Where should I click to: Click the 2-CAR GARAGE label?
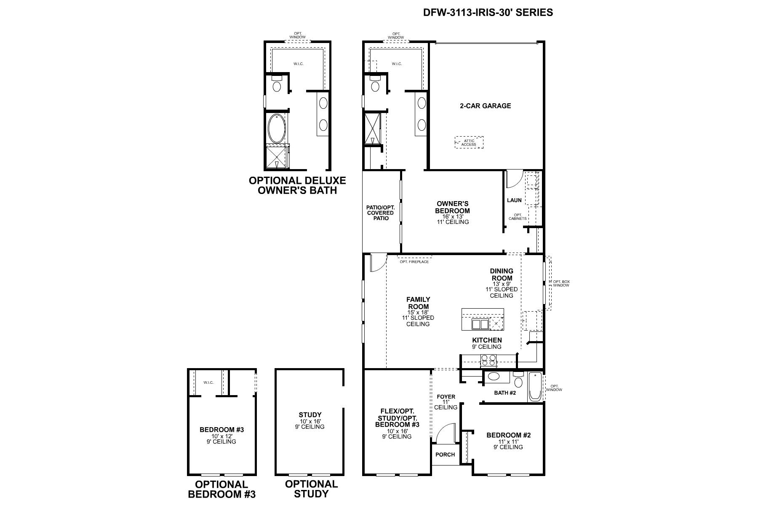coord(485,106)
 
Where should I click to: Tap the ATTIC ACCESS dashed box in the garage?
coord(469,143)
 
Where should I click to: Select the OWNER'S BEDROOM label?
coord(453,207)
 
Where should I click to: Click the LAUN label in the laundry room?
coord(514,200)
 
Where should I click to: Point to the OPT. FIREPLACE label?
coord(414,262)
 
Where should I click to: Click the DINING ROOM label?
coord(502,275)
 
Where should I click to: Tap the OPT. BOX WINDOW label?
coord(561,283)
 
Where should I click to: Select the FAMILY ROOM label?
coord(418,303)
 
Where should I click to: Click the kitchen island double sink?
coord(480,324)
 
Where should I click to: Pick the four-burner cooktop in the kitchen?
coord(488,360)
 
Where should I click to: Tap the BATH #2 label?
coord(505,393)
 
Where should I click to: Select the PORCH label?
coord(445,455)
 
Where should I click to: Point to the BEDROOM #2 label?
coord(508,435)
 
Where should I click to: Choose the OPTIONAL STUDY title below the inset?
coord(311,489)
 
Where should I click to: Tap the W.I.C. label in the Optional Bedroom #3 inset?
coord(208,382)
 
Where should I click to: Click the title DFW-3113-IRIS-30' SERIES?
coord(488,12)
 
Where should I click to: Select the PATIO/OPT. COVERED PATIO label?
coord(380,213)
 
